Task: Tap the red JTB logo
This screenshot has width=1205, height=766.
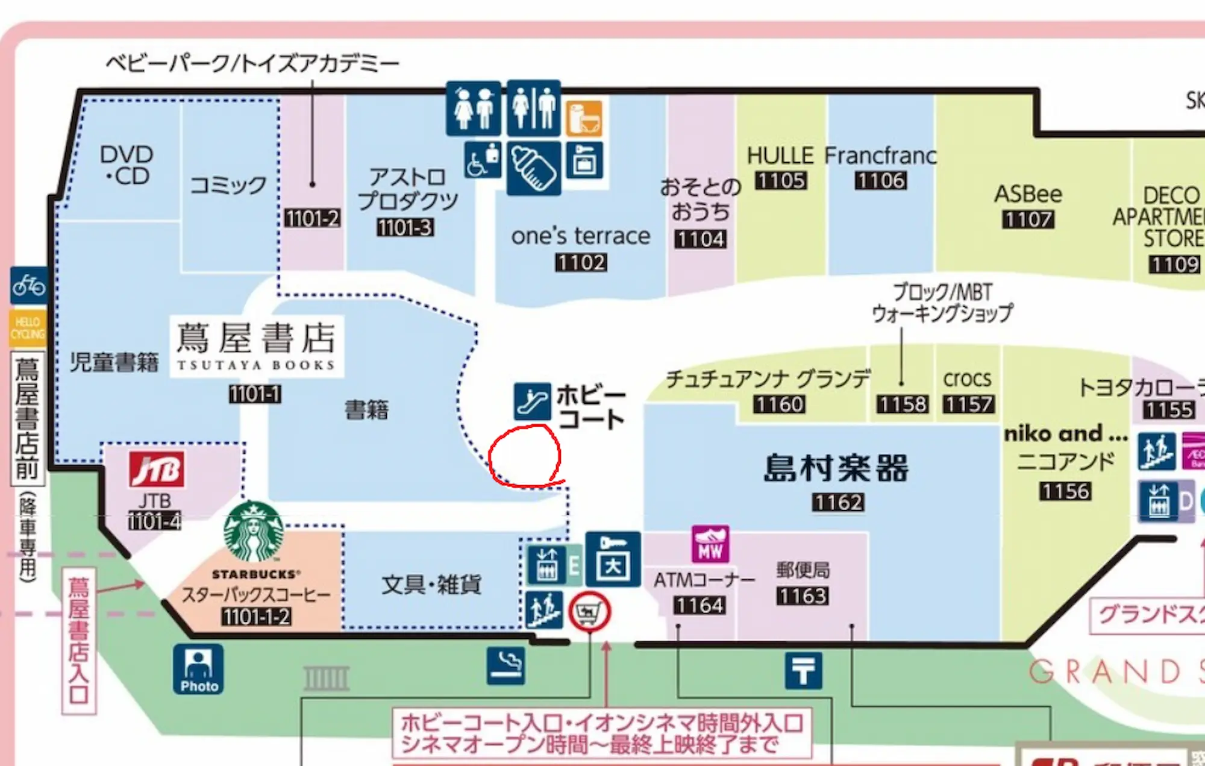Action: pos(157,469)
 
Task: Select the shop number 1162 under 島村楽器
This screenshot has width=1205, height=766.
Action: pos(838,502)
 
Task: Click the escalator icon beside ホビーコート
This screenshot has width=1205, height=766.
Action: pos(532,401)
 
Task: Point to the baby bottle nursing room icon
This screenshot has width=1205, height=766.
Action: pos(534,168)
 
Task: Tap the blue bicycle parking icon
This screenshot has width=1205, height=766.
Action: pos(28,285)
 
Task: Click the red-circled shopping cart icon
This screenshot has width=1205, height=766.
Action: pos(589,612)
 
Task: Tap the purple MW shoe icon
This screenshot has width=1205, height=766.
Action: pos(710,544)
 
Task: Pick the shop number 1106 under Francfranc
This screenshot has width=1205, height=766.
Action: pos(881,180)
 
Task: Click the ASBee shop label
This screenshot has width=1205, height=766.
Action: pos(1028,194)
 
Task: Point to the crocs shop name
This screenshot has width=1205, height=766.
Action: pos(967,378)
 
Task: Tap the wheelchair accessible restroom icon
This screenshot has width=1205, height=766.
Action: pos(483,161)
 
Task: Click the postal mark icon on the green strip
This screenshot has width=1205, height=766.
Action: pos(803,670)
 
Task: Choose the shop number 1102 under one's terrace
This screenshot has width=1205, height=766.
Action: pos(581,262)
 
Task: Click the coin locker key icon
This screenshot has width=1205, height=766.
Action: pos(613,559)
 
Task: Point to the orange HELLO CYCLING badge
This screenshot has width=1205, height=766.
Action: pos(27,328)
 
